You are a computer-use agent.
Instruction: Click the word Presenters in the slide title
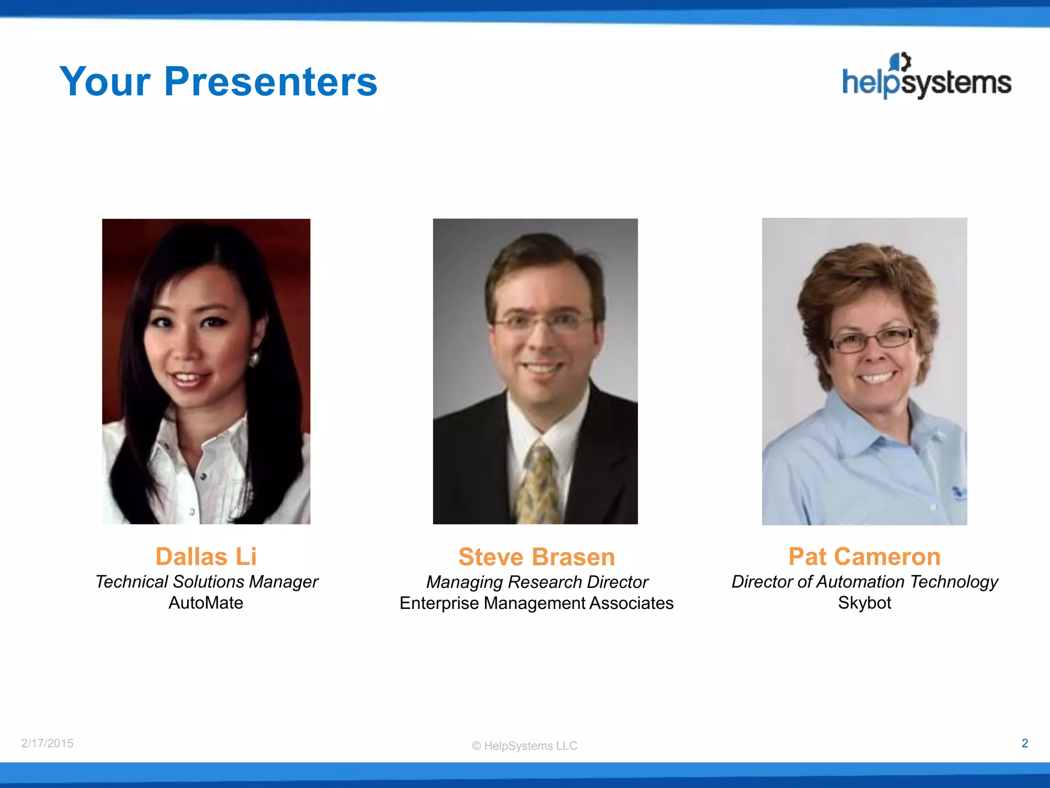pyautogui.click(x=271, y=82)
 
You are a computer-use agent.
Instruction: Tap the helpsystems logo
pyautogui.click(x=926, y=77)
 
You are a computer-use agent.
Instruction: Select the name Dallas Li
pyautogui.click(x=206, y=557)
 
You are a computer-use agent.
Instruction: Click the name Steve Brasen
pyautogui.click(x=536, y=557)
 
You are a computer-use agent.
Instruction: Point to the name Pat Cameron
pyautogui.click(x=864, y=557)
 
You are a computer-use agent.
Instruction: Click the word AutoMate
pyautogui.click(x=206, y=603)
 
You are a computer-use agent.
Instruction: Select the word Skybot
pyautogui.click(x=864, y=603)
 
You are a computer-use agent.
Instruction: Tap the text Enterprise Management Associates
pyautogui.click(x=536, y=603)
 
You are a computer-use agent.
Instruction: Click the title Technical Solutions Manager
pyautogui.click(x=206, y=582)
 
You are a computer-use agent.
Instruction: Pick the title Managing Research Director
pyautogui.click(x=537, y=582)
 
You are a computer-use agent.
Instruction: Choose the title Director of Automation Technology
pyautogui.click(x=864, y=582)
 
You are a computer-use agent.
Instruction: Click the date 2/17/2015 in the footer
pyautogui.click(x=47, y=743)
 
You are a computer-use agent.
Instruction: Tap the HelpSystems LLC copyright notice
pyautogui.click(x=524, y=746)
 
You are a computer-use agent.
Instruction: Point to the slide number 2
pyautogui.click(x=1024, y=743)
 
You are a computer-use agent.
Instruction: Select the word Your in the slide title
pyautogui.click(x=105, y=82)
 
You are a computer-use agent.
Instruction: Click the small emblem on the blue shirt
pyautogui.click(x=958, y=493)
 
